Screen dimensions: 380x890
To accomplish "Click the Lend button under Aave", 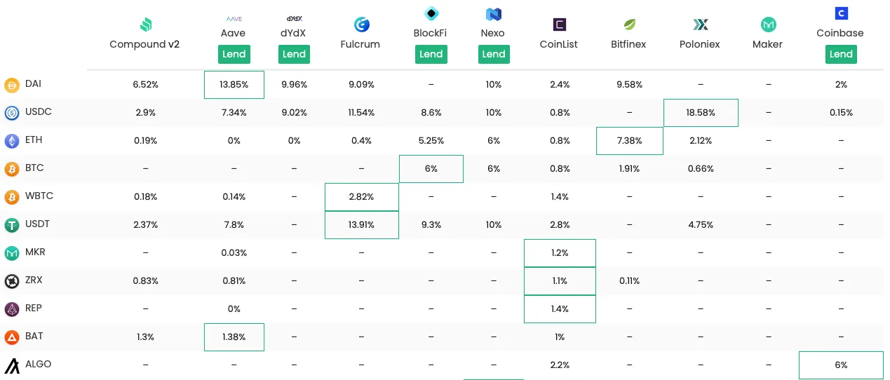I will [x=234, y=54].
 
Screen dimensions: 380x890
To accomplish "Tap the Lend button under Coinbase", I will [x=840, y=54].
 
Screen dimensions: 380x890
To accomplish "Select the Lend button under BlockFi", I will [x=431, y=54].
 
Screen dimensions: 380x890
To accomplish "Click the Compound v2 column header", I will [x=144, y=44].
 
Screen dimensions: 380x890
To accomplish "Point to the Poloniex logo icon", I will [x=700, y=25].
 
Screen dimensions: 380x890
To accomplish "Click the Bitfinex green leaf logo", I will [x=629, y=25].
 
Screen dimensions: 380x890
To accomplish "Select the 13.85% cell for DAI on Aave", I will [x=234, y=85].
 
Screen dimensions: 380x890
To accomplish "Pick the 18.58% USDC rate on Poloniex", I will [x=700, y=113].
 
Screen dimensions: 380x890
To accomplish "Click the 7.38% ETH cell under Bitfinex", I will [x=629, y=141].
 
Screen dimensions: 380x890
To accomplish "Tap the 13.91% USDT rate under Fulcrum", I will [x=362, y=225].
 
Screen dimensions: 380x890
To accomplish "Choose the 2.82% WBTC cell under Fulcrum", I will [x=362, y=197].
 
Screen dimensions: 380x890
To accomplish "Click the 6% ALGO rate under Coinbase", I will [x=840, y=365].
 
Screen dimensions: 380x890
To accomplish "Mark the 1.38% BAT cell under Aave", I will [x=234, y=337].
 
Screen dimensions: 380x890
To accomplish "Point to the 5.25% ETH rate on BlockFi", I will [x=431, y=141].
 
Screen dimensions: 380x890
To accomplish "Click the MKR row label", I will [x=35, y=252].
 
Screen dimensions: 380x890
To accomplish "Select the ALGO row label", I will [x=38, y=365].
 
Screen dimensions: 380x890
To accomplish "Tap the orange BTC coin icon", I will [x=12, y=169].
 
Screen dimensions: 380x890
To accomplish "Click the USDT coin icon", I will [x=12, y=225].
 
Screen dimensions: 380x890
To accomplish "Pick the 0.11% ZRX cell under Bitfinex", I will [x=629, y=281].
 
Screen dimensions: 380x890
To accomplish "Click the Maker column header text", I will [x=767, y=44].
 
